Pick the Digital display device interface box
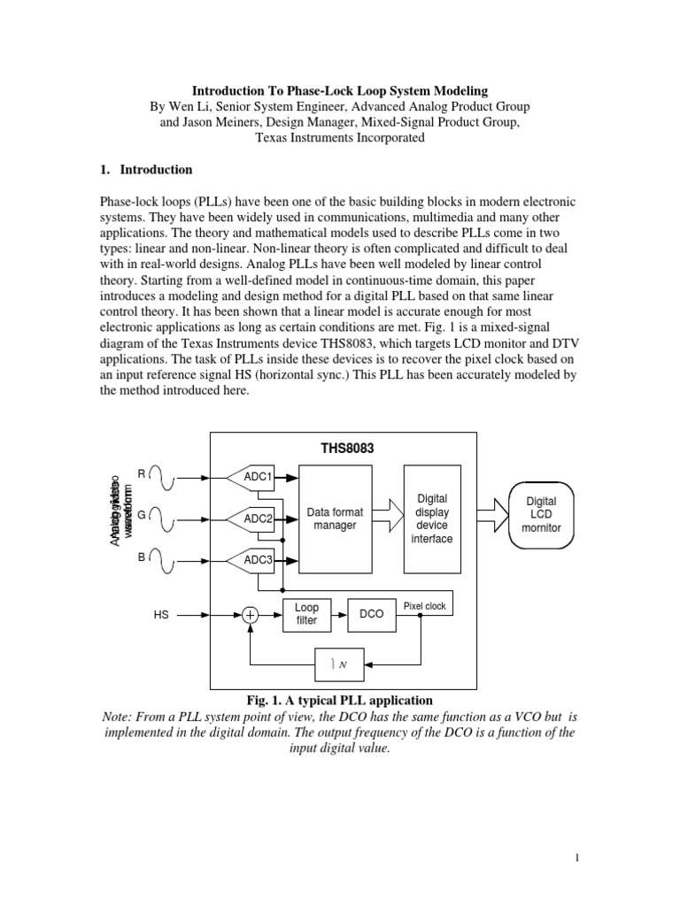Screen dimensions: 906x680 [432, 518]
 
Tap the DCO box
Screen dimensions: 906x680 [372, 614]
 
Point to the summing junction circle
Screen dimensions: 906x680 [251, 614]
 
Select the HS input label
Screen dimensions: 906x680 [161, 614]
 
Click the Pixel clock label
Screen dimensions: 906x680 [425, 606]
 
